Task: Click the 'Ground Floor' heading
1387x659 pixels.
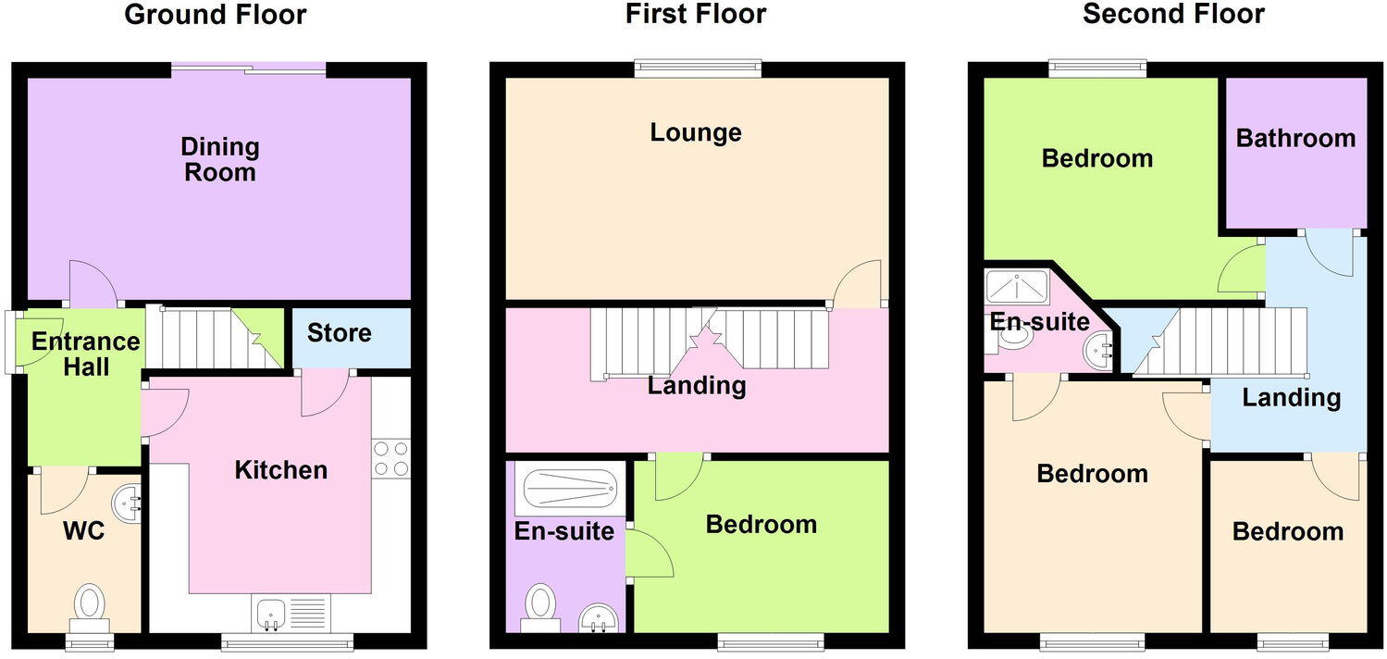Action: point(215,15)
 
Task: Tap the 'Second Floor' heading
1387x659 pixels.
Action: point(1173,15)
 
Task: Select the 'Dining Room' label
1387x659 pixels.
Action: point(219,159)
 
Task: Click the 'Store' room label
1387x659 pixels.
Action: point(339,333)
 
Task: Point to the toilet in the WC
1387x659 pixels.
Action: point(89,606)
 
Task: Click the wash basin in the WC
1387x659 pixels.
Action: point(127,504)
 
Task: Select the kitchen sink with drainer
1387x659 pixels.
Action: point(289,614)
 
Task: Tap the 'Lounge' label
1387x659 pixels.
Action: point(696,132)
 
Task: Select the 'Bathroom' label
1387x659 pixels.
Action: point(1295,139)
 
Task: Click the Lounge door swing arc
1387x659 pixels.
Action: point(855,282)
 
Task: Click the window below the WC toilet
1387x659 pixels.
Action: point(89,641)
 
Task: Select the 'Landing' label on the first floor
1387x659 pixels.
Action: point(697,385)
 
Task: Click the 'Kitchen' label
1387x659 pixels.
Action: point(280,470)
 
